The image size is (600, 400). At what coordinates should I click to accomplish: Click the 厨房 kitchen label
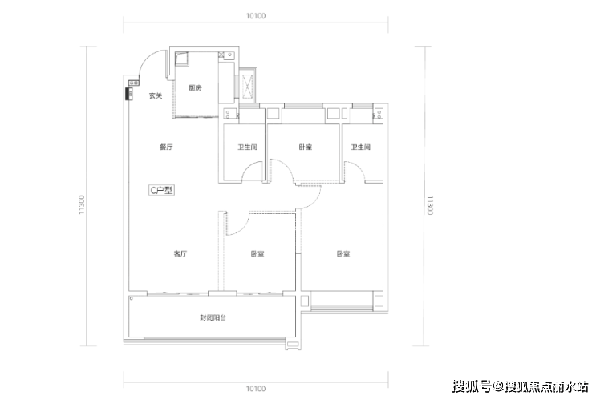(x=195, y=88)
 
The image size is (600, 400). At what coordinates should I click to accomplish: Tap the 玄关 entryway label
(x=156, y=95)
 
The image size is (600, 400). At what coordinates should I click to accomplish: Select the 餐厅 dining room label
(x=166, y=147)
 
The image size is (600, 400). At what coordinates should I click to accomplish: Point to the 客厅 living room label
(x=180, y=253)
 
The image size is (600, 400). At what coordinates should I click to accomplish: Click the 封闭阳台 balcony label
(x=213, y=317)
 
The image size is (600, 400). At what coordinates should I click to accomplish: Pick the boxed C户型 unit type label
(x=162, y=190)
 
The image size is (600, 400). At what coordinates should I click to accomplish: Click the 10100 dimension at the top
(x=256, y=16)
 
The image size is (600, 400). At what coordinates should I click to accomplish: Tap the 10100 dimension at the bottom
(x=256, y=389)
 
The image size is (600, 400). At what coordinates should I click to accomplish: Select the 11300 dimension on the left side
(x=82, y=204)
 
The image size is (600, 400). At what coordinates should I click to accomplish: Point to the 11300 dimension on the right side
(x=430, y=205)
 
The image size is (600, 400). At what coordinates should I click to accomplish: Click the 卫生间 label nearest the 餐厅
(x=247, y=147)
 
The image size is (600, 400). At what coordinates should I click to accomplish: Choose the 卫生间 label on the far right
(x=361, y=147)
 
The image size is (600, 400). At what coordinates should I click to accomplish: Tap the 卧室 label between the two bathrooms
(x=306, y=147)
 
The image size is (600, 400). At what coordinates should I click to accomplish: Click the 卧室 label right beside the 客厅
(x=257, y=253)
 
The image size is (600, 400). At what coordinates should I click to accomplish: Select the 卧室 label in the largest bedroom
(x=343, y=253)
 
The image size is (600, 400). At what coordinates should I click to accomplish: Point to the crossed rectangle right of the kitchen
(x=248, y=85)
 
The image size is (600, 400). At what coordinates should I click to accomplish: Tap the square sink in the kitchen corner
(x=182, y=59)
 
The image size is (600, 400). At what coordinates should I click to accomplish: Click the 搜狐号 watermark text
(x=472, y=386)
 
